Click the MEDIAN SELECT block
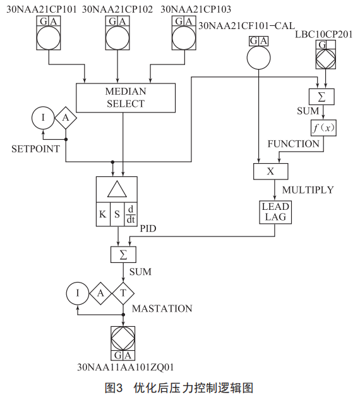pos(126,98)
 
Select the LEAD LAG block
pos(275,212)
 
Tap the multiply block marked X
pos(271,171)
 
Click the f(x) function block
pos(323,128)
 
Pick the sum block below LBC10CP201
pos(321,97)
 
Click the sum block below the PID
pos(123,255)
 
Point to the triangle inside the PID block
pos(117,189)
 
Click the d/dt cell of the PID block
pos(131,214)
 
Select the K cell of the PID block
pos(103,214)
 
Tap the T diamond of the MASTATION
pos(123,293)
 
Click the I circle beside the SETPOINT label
pos(43,118)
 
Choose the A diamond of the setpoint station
pos(66,118)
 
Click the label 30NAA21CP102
pos(117,9)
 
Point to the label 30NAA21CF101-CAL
pos(247,26)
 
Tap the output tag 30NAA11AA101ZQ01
pos(126,367)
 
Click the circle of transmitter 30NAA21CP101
pos(49,38)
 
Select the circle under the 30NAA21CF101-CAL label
pos(258,58)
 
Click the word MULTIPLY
pos(308,190)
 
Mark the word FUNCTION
pos(294,144)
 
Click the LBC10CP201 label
pos(323,34)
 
